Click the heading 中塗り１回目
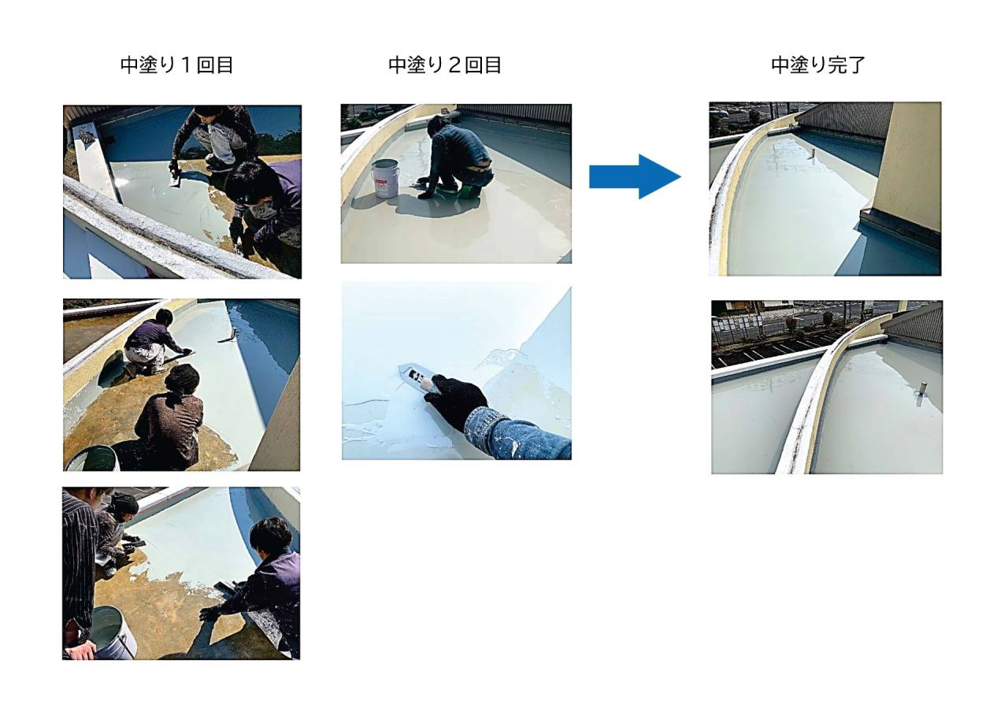pyautogui.click(x=176, y=65)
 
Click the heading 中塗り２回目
pyautogui.click(x=445, y=65)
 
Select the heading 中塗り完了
pyautogui.click(x=817, y=65)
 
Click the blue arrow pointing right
pyautogui.click(x=635, y=176)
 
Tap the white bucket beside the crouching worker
pyautogui.click(x=386, y=178)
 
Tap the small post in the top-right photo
pyautogui.click(x=813, y=154)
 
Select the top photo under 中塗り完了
pyautogui.click(x=825, y=189)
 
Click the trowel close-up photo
pyautogui.click(x=456, y=371)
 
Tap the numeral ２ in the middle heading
pyautogui.click(x=454, y=65)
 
